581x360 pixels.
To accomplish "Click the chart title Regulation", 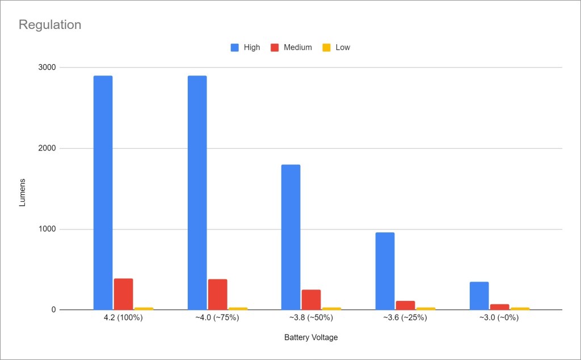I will tap(50, 25).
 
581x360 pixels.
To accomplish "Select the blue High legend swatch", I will tap(235, 48).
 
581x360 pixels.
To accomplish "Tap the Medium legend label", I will tap(298, 48).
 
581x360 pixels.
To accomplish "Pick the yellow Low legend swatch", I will tap(326, 48).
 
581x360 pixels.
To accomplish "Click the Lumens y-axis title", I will tap(23, 189).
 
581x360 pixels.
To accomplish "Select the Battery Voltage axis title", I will tap(311, 337).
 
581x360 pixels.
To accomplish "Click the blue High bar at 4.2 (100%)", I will tap(103, 192).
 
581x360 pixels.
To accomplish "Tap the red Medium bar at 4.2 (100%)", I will tap(123, 294).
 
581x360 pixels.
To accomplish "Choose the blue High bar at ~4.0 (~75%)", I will tap(197, 192).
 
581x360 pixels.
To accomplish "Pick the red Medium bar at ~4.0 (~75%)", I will tap(217, 294).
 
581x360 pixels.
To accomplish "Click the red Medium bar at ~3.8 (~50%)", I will tap(311, 300).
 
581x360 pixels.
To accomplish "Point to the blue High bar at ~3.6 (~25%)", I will tap(385, 271).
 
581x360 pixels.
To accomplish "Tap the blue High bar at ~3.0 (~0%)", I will tap(479, 296).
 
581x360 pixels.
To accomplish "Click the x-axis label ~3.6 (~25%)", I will tap(405, 317).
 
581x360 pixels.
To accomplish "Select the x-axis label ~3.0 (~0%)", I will tap(499, 317).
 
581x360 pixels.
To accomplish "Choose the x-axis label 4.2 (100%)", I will tap(123, 317).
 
